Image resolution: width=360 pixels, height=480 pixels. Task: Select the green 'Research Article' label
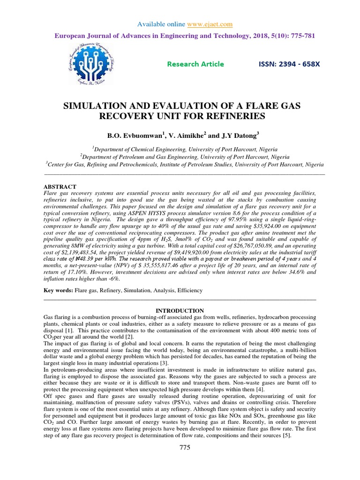pos(195,64)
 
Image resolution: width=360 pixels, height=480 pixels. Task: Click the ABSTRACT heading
pos(60,186)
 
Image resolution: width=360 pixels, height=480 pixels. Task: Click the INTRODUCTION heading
pos(180,310)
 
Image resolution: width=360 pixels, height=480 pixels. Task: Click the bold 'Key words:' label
pos(58,291)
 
